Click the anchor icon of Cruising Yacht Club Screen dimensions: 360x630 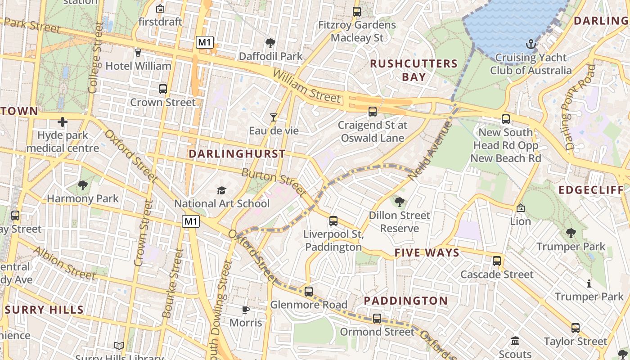pyautogui.click(x=531, y=44)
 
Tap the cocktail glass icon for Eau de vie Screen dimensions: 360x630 pyautogui.click(x=273, y=117)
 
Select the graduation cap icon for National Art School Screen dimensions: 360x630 pyautogui.click(x=221, y=190)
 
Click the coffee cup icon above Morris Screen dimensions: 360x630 pyautogui.click(x=245, y=310)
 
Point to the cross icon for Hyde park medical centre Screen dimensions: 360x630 pyautogui.click(x=63, y=122)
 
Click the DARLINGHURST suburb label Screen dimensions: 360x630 pyautogui.click(x=237, y=154)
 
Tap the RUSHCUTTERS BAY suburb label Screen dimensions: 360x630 pyautogui.click(x=414, y=70)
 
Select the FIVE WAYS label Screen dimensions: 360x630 pyautogui.click(x=427, y=253)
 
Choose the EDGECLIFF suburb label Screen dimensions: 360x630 pyautogui.click(x=591, y=190)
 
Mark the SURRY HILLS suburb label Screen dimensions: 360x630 pyautogui.click(x=44, y=310)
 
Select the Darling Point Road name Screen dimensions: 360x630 pyautogui.click(x=580, y=107)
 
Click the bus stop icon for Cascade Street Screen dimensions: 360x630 pyautogui.click(x=497, y=261)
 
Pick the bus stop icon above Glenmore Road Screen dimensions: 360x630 pyautogui.click(x=308, y=292)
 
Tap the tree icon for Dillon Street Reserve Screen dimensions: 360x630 pyautogui.click(x=399, y=202)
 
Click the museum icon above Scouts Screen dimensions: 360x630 pyautogui.click(x=516, y=341)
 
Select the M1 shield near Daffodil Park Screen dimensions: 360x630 pyautogui.click(x=205, y=43)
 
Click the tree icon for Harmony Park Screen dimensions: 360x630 pyautogui.click(x=83, y=185)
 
